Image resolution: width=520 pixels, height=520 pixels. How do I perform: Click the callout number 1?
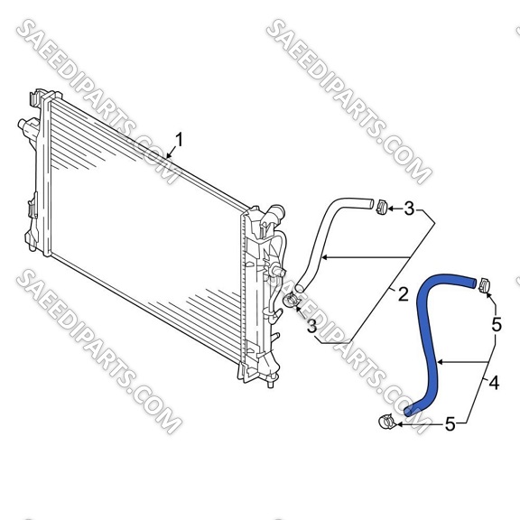179,140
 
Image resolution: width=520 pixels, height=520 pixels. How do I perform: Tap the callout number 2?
403,294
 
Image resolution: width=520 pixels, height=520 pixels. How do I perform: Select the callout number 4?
494,383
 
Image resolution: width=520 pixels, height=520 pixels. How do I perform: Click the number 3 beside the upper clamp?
409,209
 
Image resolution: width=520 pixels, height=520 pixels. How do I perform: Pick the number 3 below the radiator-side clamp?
311,326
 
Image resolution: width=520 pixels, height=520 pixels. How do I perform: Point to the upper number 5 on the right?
497,325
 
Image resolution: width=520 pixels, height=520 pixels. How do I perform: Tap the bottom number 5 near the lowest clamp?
450,424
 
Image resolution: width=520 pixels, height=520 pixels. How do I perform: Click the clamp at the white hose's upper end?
382,207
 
